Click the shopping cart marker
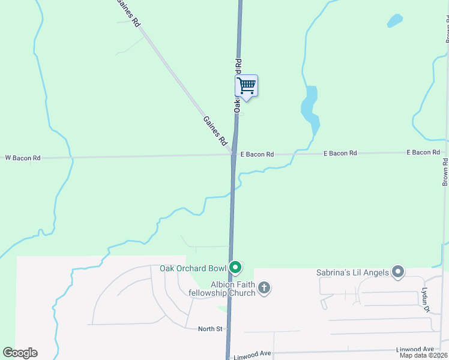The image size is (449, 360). point(246,86)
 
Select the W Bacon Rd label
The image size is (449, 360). point(23,158)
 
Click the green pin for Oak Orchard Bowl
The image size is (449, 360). point(236,268)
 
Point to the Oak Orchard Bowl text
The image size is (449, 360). point(193,268)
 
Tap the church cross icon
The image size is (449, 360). point(264,289)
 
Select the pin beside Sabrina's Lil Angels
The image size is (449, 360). point(397,272)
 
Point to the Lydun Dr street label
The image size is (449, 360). point(425,299)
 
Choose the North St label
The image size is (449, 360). point(211,329)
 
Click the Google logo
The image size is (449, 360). point(20,353)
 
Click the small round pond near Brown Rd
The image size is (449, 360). point(394,21)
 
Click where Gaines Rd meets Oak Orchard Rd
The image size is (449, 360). point(233,153)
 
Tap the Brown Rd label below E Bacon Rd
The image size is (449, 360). point(445,172)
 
